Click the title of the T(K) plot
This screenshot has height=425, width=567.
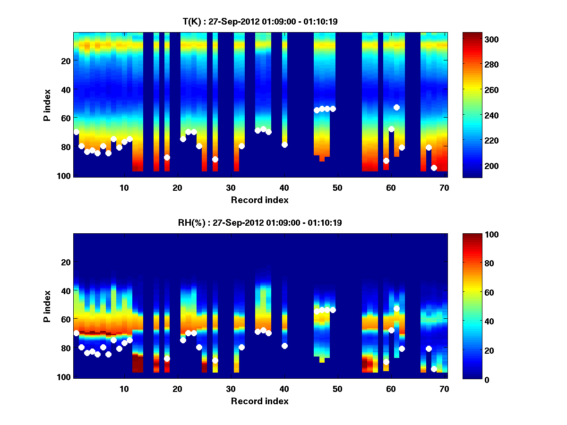(x=260, y=21)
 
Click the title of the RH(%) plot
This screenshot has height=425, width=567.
(x=260, y=222)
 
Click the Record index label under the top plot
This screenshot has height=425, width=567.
(x=260, y=200)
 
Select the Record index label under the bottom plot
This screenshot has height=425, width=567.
(x=260, y=401)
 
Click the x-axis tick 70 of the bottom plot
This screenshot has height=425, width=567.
(x=445, y=389)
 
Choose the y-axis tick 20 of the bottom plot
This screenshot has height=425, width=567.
(x=66, y=262)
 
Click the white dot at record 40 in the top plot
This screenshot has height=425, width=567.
(x=284, y=145)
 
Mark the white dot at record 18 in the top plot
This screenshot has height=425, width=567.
(x=167, y=157)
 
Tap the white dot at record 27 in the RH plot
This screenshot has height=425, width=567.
(x=215, y=360)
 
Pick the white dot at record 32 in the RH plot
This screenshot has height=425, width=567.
(x=242, y=347)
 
